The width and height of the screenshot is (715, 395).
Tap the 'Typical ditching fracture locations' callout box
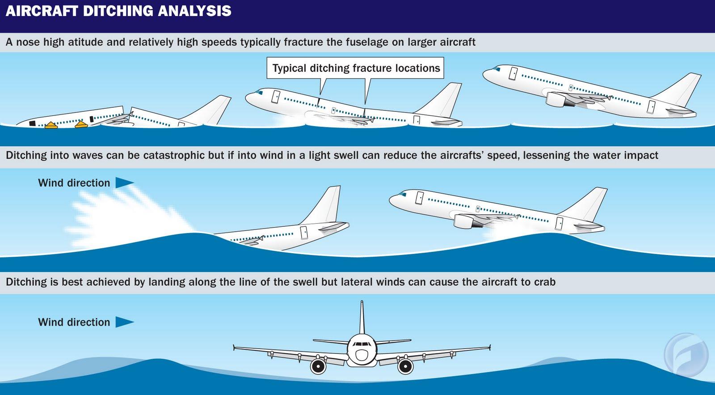[355, 68]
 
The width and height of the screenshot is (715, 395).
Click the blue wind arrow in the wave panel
[125, 183]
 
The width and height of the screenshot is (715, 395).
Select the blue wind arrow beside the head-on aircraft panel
[125, 322]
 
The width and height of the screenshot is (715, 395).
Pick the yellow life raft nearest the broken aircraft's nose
[51, 125]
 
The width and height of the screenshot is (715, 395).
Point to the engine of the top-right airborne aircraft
[557, 99]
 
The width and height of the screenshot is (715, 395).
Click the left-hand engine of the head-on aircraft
[318, 366]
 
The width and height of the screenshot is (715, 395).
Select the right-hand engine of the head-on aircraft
[405, 366]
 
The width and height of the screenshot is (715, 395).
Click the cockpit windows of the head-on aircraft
[362, 344]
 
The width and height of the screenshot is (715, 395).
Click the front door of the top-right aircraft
[513, 73]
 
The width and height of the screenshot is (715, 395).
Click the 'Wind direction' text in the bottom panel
[74, 322]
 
